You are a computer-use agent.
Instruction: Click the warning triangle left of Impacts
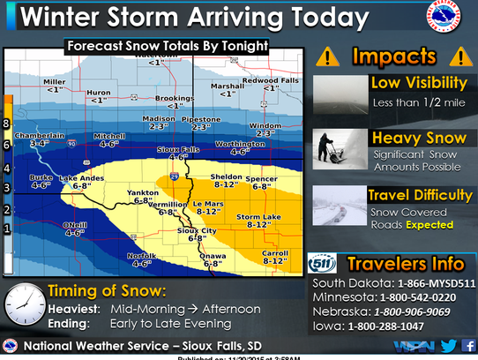point(328,56)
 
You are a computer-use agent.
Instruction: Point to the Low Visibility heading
point(417,83)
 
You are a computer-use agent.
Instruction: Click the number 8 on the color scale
point(7,124)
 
